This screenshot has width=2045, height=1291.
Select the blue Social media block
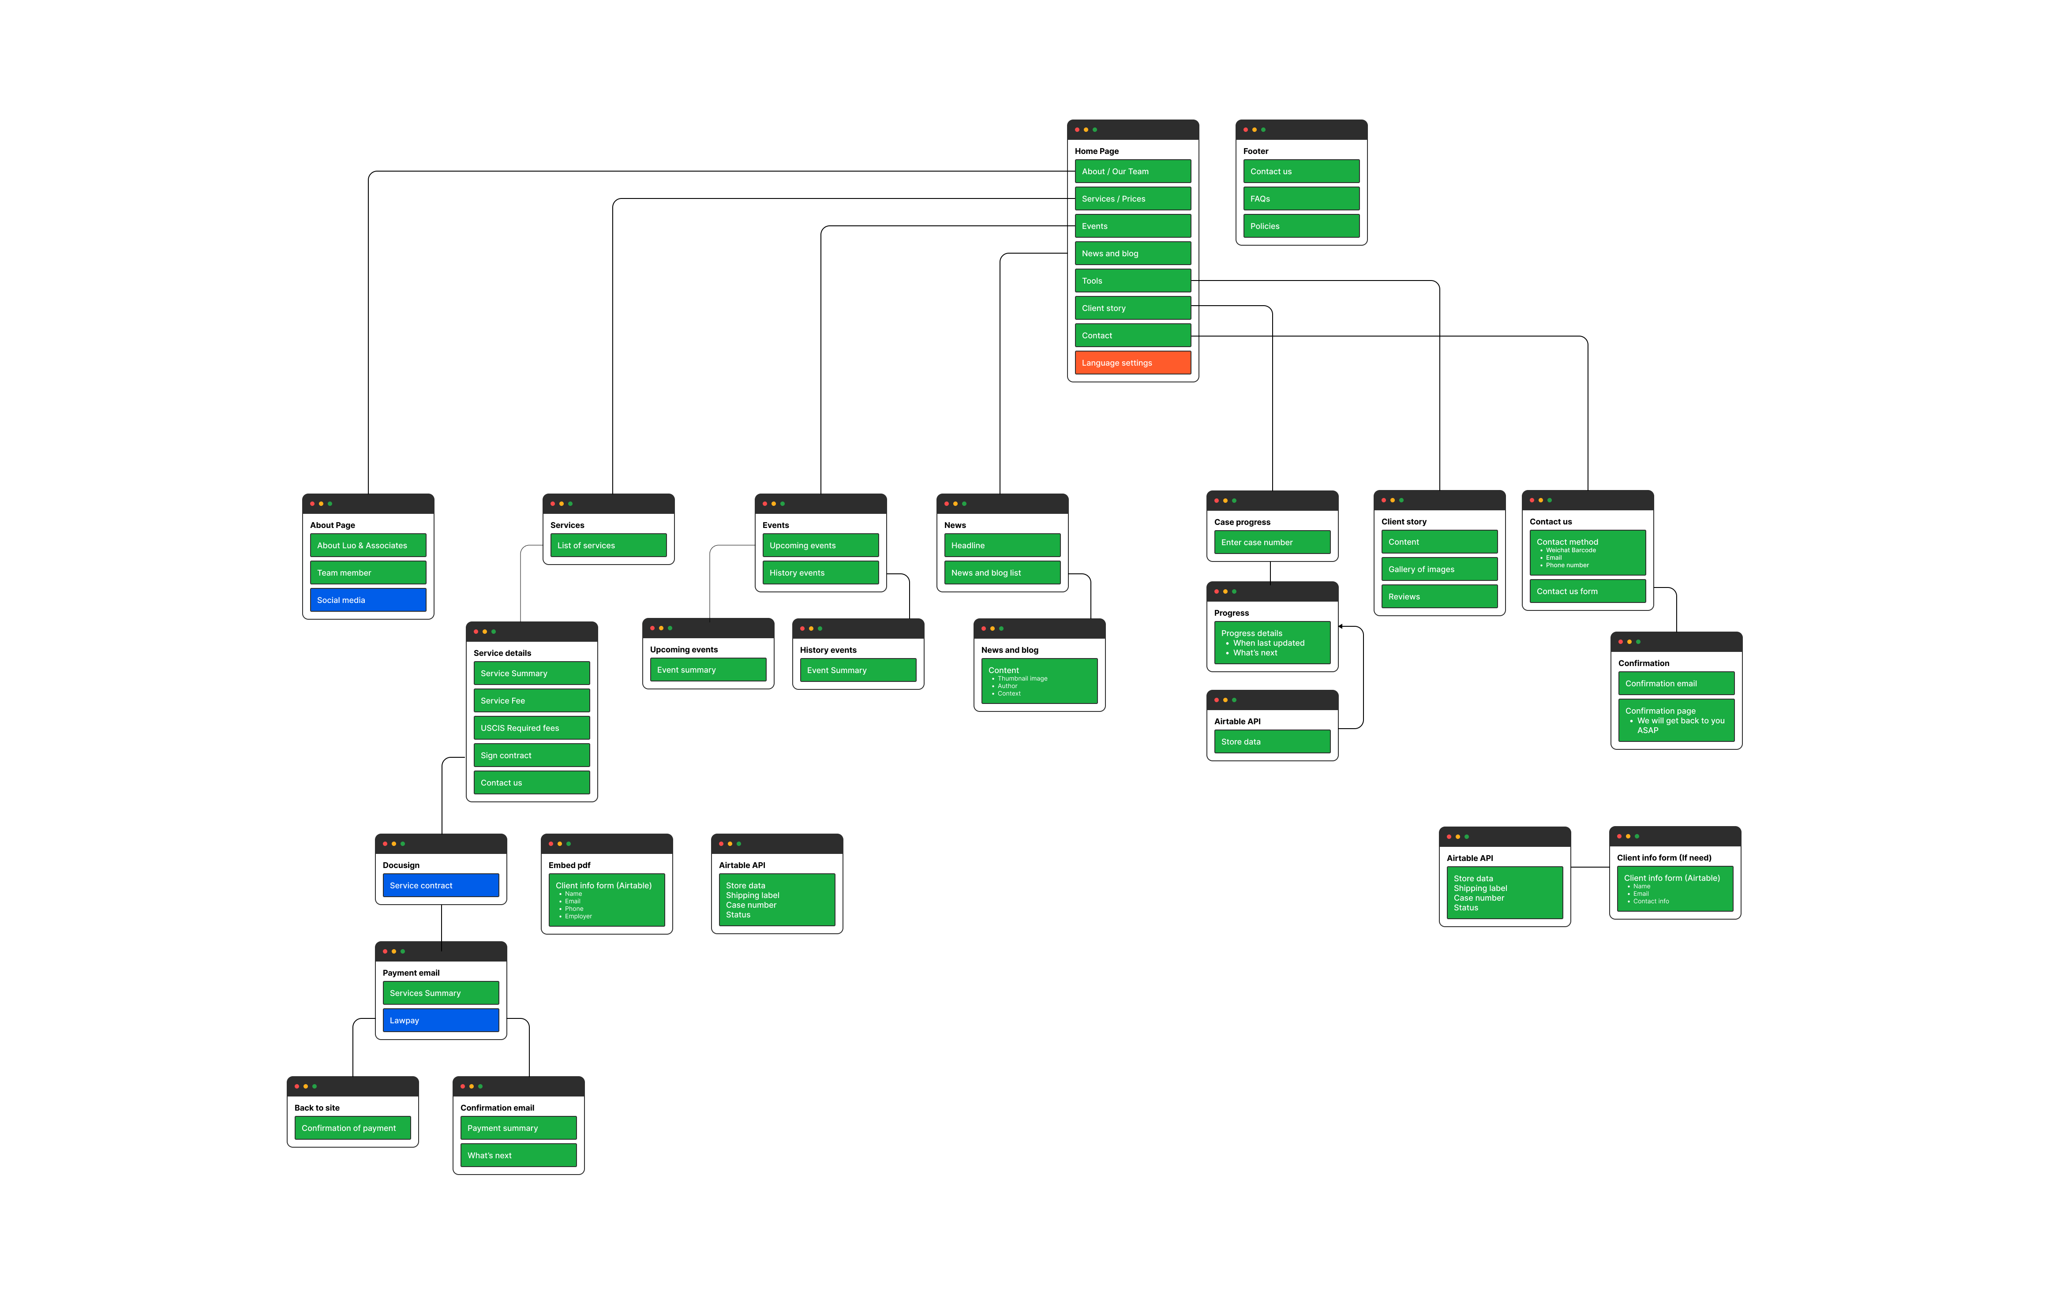[368, 600]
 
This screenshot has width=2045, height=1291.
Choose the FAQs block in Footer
[1300, 199]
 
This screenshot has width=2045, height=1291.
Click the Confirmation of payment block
[352, 1128]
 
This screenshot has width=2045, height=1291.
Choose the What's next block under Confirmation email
[518, 1155]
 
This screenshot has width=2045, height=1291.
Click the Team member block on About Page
[368, 573]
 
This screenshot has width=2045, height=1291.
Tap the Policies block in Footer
[1300, 226]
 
